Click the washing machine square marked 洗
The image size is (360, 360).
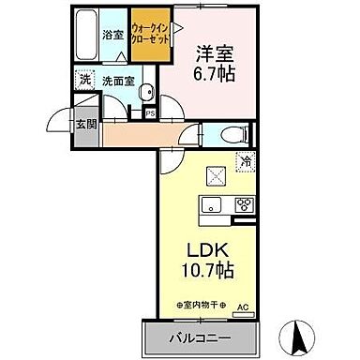[84, 81]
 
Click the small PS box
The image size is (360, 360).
[150, 113]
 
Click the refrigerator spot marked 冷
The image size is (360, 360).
[243, 161]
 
